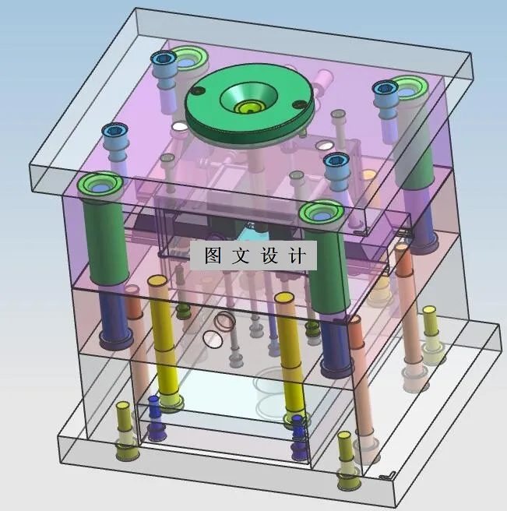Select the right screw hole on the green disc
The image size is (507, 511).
297,105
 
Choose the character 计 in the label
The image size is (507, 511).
297,255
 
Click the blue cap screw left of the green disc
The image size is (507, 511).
164,59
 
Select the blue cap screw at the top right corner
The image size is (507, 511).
385,89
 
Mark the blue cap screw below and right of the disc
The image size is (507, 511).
336,162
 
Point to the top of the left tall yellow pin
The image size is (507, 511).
158,280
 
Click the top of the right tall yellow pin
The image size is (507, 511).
285,298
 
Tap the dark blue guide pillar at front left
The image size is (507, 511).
113,319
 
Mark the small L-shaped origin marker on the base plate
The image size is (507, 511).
386,474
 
